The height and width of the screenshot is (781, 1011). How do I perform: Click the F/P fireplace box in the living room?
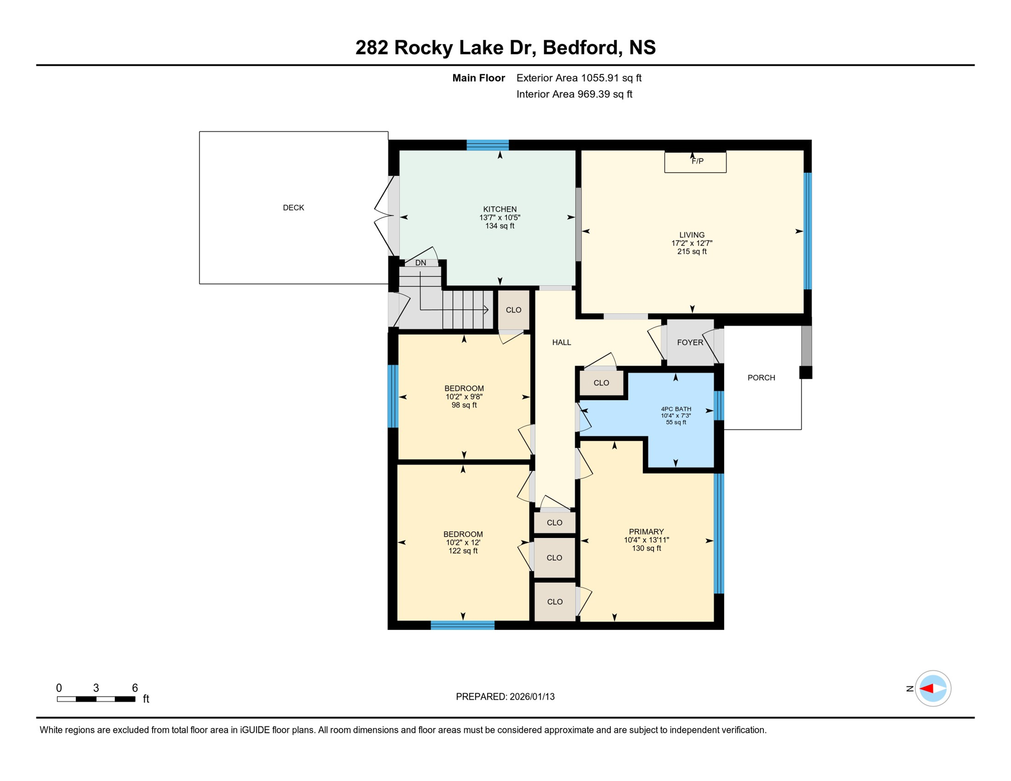point(695,162)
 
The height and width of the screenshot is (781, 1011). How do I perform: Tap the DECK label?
point(293,207)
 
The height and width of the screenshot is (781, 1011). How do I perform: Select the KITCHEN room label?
point(499,209)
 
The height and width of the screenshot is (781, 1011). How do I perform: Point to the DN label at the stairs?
point(421,263)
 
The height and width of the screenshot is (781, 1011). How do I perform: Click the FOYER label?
point(690,342)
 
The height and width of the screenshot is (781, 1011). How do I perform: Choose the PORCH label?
point(761,377)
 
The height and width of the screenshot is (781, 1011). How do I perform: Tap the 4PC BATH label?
point(675,409)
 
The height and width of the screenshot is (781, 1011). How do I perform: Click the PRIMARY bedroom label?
point(646,531)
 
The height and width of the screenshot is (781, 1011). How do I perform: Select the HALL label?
point(561,342)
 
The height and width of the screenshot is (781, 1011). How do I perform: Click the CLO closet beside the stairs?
point(513,310)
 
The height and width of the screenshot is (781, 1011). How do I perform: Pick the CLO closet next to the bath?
point(601,383)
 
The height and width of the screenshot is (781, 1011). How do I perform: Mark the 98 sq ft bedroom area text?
point(464,405)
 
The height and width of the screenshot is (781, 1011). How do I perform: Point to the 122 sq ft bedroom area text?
point(463,551)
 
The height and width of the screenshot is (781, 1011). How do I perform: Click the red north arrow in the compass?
point(927,688)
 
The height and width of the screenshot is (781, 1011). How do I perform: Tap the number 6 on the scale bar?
point(135,687)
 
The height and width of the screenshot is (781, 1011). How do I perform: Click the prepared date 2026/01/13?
point(532,697)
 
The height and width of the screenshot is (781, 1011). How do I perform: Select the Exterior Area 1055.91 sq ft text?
point(579,78)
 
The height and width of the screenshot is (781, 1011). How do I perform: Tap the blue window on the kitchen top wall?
point(487,145)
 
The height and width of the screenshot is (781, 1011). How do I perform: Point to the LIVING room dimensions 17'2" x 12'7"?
point(692,243)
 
